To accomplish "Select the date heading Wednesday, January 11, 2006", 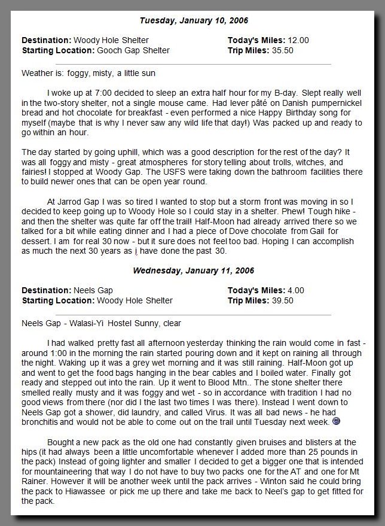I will click(x=193, y=270).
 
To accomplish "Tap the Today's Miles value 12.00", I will click(x=298, y=41).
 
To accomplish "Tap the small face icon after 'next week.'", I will click(x=337, y=422).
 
